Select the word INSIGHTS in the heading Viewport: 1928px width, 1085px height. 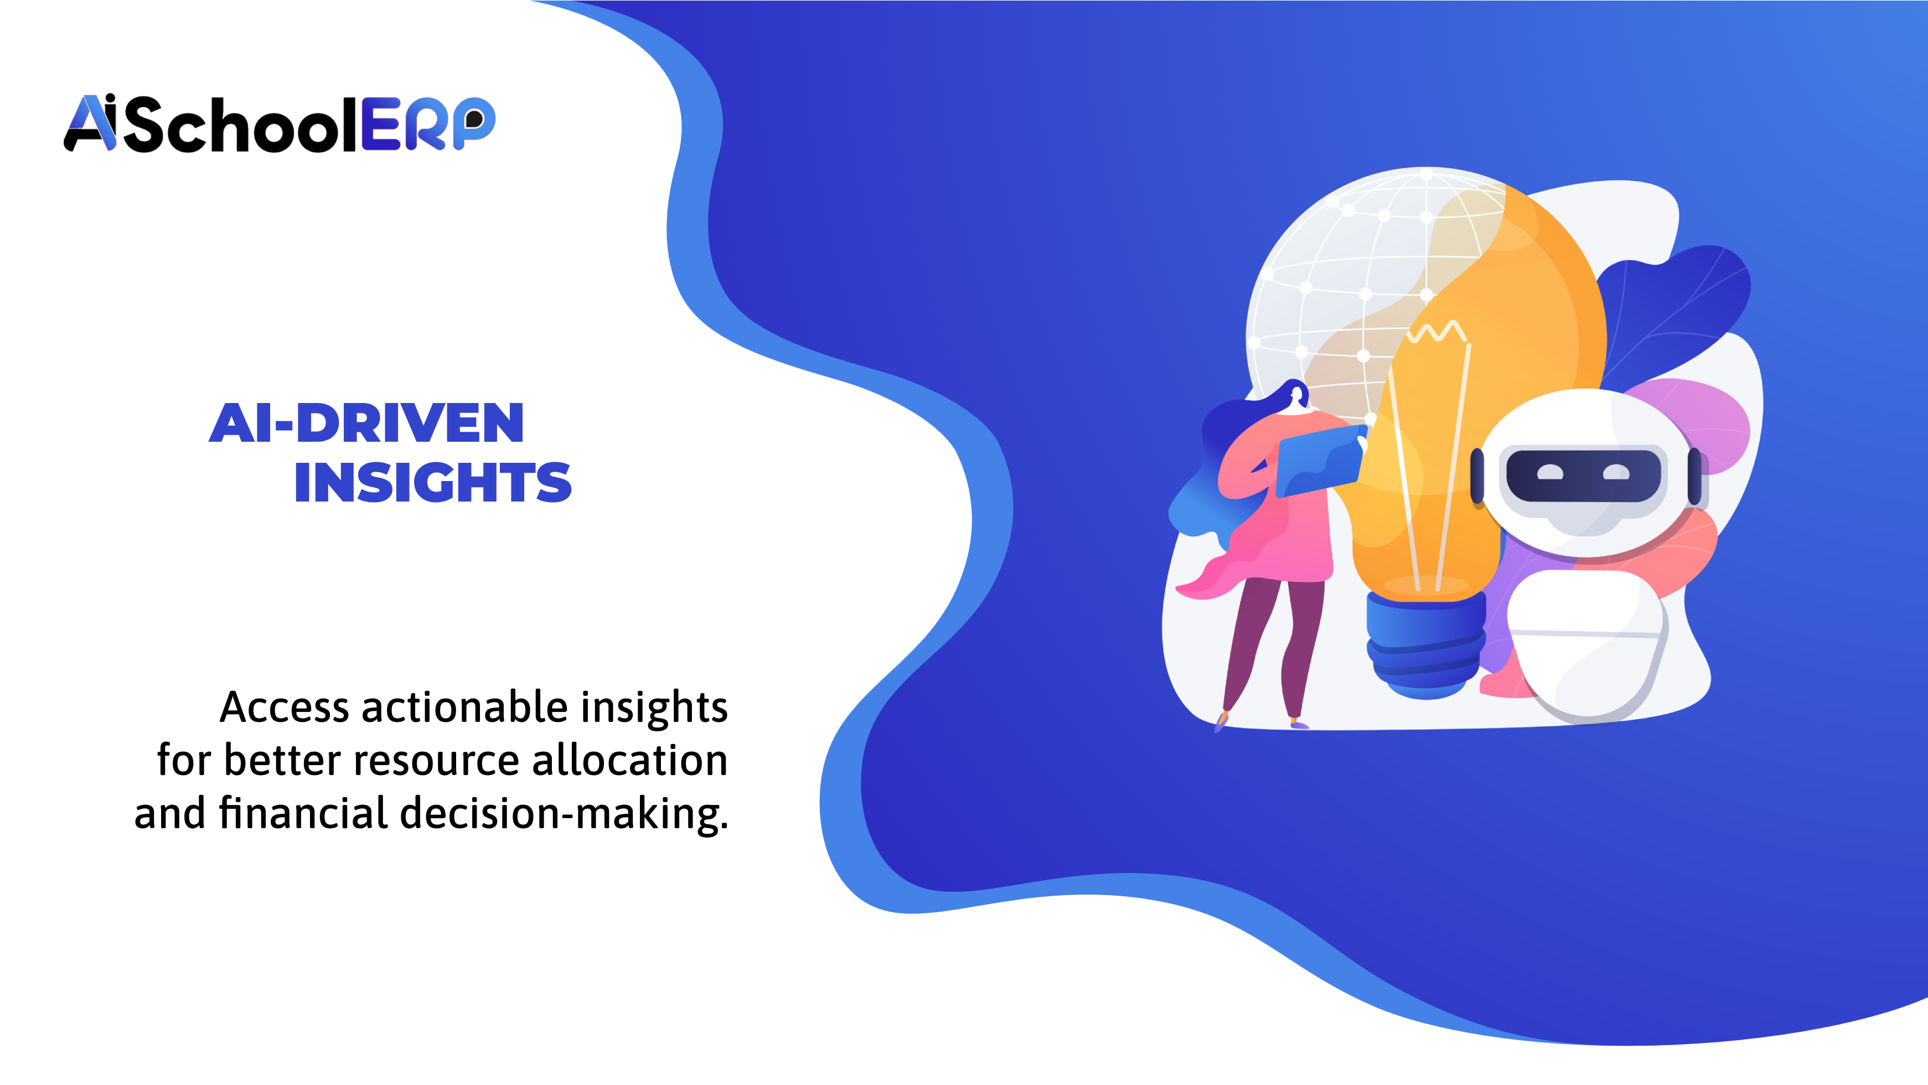point(433,483)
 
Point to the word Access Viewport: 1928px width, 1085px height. point(285,707)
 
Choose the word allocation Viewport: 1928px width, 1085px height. point(629,760)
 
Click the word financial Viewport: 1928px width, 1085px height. point(303,813)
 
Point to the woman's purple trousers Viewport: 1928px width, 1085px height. point(1273,636)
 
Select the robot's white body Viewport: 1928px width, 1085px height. point(1586,643)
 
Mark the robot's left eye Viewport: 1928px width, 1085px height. point(1550,473)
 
